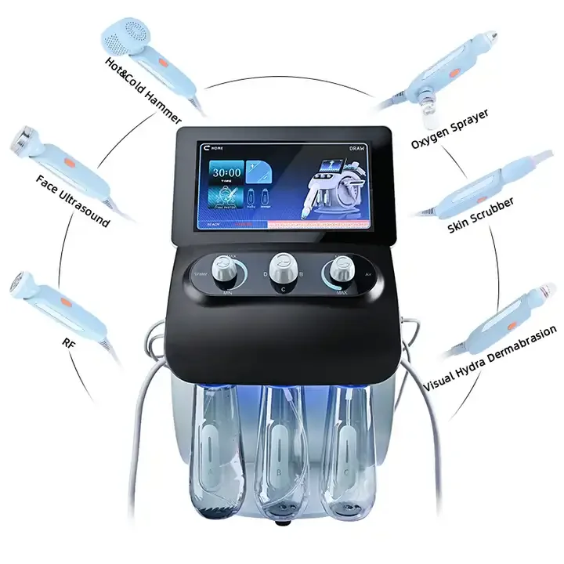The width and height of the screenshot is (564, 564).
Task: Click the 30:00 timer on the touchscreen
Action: coord(226,172)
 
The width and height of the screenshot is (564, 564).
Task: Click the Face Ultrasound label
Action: coord(73,201)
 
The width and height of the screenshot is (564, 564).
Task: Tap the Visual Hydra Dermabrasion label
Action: coord(490,360)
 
